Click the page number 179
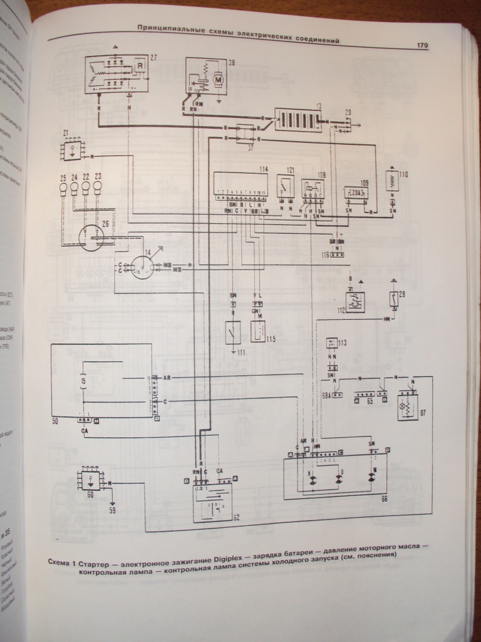click(421, 45)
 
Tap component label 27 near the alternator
click(153, 58)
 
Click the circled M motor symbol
click(219, 79)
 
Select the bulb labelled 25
click(63, 186)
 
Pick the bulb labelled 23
click(97, 186)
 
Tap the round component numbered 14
click(143, 266)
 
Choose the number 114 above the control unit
click(264, 170)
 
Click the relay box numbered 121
click(286, 185)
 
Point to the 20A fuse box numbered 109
click(355, 192)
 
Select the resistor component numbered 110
click(392, 182)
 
